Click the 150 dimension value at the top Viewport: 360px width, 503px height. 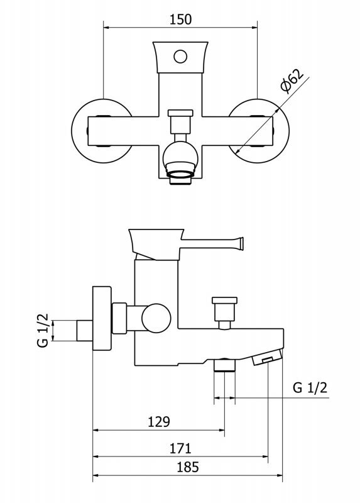(180, 19)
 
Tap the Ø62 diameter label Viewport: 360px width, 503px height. (292, 80)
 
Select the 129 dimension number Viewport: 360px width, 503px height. (159, 421)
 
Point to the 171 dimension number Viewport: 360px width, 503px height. (180, 448)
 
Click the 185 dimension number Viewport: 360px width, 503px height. (188, 467)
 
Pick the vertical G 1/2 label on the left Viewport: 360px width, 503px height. (43, 331)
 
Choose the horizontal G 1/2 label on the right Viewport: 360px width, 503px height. (310, 388)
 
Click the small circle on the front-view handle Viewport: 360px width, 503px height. (180, 57)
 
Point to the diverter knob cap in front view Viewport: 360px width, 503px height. (180, 113)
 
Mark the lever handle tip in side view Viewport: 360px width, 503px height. (241, 244)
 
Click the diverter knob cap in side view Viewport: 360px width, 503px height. (224, 301)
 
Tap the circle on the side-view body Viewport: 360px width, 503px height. (156, 318)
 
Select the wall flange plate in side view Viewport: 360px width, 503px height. (102, 318)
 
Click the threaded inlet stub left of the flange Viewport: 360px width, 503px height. (85, 331)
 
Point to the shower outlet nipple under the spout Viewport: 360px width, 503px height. (224, 365)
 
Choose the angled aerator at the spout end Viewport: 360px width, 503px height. (267, 357)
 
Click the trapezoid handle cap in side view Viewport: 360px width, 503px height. (156, 244)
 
